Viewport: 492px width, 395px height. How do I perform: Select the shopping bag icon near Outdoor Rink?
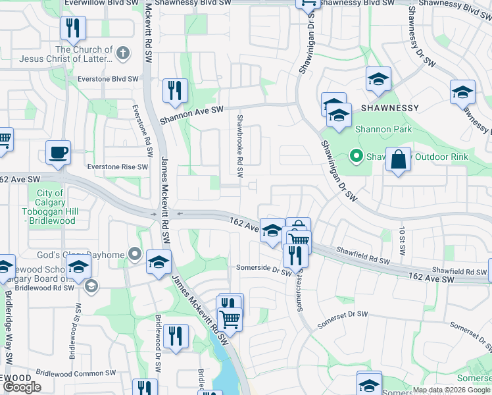(399, 160)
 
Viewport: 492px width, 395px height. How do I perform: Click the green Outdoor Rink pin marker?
(356, 157)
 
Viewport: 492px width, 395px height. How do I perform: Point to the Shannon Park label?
(383, 129)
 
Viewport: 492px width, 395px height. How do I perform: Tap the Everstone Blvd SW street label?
(107, 78)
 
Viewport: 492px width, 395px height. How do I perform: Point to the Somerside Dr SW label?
(264, 271)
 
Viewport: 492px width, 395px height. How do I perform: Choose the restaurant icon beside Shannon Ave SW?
(175, 91)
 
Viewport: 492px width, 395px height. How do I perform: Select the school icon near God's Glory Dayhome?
(159, 263)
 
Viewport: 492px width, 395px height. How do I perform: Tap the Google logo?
(22, 387)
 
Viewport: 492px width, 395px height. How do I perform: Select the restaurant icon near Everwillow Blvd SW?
(72, 28)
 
